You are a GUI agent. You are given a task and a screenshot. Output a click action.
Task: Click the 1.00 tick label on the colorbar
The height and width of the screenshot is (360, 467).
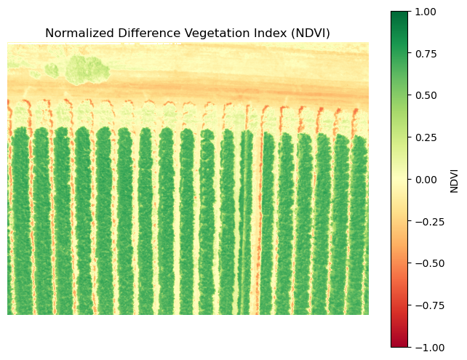click(x=425, y=11)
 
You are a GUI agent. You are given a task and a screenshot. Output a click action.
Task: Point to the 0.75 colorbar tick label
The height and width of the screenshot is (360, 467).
click(x=425, y=53)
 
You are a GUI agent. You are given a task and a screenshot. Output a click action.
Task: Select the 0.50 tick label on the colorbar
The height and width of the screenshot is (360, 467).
click(x=425, y=95)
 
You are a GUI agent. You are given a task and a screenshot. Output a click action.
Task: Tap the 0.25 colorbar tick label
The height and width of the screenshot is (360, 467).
click(x=425, y=137)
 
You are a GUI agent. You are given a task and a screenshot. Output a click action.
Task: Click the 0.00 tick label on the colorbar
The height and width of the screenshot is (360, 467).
click(x=425, y=179)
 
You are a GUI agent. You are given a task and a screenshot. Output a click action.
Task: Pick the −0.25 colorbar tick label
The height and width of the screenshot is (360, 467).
click(x=428, y=221)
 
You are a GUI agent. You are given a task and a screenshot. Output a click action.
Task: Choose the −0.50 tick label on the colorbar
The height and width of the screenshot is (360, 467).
click(x=428, y=263)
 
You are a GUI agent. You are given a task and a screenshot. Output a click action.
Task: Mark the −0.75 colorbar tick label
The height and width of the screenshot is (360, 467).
click(x=428, y=305)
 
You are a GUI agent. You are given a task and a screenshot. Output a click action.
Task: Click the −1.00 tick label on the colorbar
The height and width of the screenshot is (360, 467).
click(x=428, y=347)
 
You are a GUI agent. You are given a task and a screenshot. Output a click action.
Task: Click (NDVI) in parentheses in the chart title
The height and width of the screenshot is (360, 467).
click(x=308, y=33)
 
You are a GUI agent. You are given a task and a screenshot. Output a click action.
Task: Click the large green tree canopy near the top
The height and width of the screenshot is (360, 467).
click(x=87, y=69)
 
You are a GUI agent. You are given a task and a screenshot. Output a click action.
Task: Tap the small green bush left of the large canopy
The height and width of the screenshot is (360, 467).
click(x=52, y=70)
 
